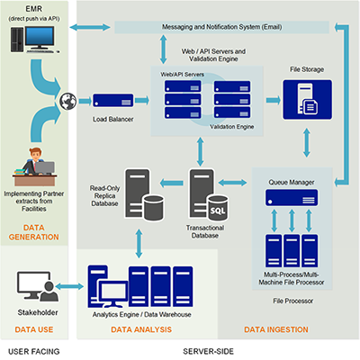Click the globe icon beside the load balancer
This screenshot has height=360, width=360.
[68, 101]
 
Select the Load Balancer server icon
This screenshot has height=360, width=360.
[113, 101]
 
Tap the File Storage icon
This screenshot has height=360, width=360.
[308, 100]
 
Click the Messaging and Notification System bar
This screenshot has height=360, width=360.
[222, 27]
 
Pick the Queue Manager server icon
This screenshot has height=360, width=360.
[292, 198]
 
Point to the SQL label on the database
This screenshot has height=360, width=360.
[218, 211]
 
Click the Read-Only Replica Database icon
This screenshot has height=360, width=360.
[144, 194]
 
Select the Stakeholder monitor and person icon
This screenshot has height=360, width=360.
[38, 286]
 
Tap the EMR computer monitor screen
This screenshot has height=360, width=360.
[40, 37]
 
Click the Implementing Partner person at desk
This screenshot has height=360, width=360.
[34, 166]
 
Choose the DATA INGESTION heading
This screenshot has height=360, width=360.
[276, 329]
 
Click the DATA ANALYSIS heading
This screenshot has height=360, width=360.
[141, 329]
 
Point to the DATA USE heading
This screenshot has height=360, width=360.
[34, 329]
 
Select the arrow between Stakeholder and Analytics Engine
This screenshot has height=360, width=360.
[69, 286]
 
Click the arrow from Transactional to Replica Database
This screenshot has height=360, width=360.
[171, 183]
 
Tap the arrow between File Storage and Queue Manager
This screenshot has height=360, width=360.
[307, 143]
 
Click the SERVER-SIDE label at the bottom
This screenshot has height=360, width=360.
[208, 351]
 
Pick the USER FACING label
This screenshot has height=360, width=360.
[34, 351]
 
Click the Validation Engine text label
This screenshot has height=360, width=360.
[232, 127]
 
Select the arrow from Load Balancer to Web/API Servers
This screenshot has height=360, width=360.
[142, 100]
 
